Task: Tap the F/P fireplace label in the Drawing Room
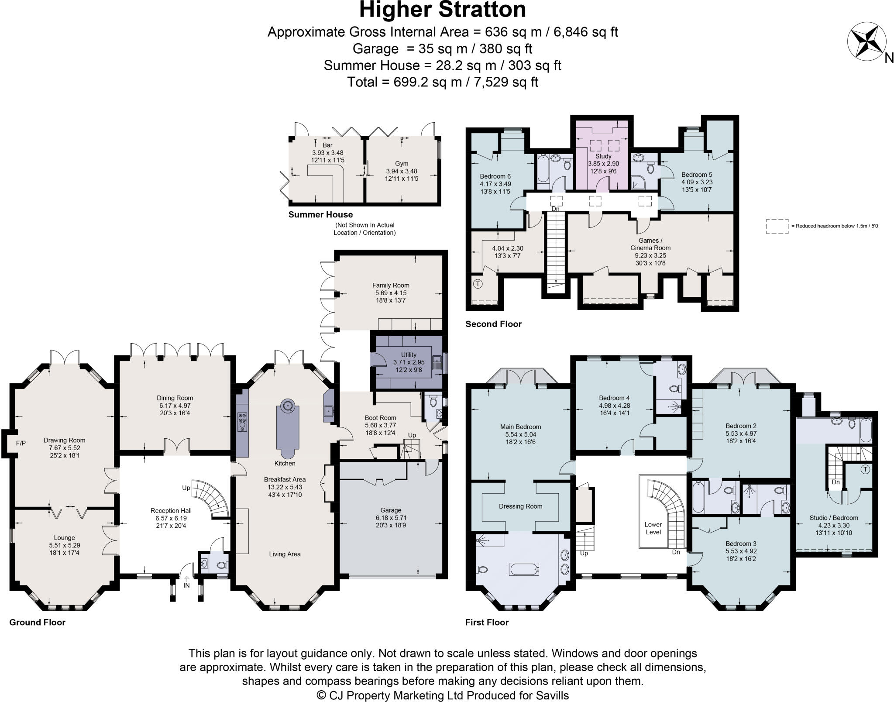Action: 21,443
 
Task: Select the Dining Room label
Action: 175,398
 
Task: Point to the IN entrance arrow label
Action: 186,585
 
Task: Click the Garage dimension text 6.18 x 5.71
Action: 390,517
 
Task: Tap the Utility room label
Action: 409,354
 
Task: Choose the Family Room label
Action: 391,285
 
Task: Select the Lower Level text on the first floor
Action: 653,528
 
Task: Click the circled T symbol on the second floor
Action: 478,284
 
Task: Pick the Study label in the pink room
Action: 603,156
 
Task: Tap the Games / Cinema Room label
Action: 650,244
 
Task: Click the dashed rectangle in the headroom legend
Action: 777,226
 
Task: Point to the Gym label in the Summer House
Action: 402,164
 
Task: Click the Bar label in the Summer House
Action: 327,145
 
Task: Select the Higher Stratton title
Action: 442,10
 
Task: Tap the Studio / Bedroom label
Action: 833,518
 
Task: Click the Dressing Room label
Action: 520,506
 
